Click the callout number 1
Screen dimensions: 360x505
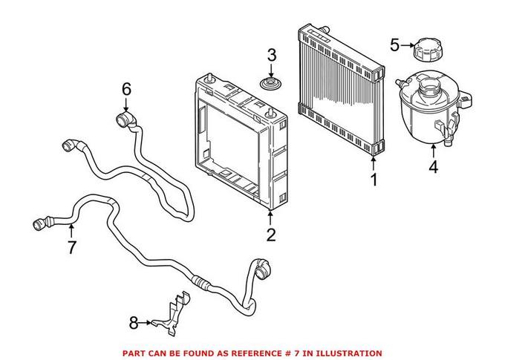(374, 179)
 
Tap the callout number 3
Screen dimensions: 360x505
(272, 55)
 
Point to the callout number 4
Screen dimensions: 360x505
(433, 167)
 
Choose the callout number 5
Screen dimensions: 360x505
(395, 45)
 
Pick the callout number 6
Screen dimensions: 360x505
(126, 89)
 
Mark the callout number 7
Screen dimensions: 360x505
(71, 247)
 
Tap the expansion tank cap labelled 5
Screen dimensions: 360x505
(429, 51)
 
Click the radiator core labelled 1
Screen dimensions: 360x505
(342, 89)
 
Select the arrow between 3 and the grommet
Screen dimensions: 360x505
(272, 69)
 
